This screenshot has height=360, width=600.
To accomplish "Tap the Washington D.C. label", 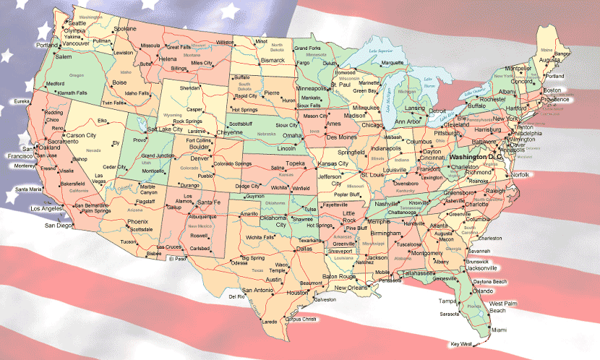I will click(x=476, y=157).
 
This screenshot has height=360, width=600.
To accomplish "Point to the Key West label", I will click(x=460, y=343).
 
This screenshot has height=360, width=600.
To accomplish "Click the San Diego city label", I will click(x=59, y=226).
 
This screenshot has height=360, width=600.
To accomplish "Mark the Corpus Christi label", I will click(x=301, y=319).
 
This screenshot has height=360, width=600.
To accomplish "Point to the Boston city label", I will click(x=552, y=90).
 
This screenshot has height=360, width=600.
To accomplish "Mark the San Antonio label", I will click(x=258, y=290).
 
